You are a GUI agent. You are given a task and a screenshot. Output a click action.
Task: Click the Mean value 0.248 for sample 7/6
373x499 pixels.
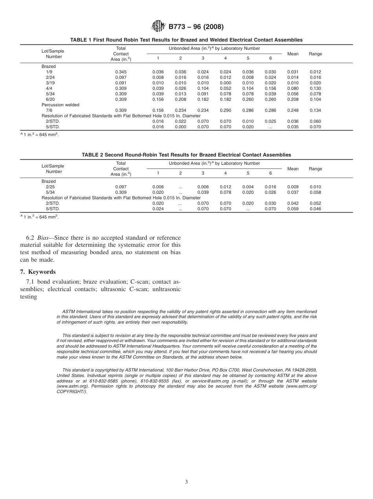[x=293, y=111]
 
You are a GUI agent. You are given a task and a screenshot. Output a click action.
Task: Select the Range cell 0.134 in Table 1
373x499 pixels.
[x=315, y=111]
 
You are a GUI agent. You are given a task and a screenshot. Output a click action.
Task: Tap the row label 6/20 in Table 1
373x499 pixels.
[x=49, y=100]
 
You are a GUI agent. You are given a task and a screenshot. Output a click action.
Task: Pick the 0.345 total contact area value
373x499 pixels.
[x=121, y=72]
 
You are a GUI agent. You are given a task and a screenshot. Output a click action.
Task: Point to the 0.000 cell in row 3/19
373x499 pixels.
[x=225, y=83]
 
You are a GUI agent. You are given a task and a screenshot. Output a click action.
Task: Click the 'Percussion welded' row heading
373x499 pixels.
[x=60, y=105]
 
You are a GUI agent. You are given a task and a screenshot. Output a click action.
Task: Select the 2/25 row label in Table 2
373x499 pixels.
[x=50, y=187]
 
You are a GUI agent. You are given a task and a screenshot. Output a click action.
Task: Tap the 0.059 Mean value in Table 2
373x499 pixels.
[x=293, y=209]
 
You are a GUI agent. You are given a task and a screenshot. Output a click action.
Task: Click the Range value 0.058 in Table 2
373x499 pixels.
[x=315, y=193]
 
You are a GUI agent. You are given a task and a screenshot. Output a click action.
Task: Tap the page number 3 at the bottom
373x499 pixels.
[x=186, y=482]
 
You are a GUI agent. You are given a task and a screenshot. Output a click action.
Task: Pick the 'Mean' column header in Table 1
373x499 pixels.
[x=293, y=54]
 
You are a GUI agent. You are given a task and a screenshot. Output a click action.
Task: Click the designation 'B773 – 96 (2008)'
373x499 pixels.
[x=196, y=27]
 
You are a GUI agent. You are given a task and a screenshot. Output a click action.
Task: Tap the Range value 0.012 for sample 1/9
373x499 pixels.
[x=315, y=72]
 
